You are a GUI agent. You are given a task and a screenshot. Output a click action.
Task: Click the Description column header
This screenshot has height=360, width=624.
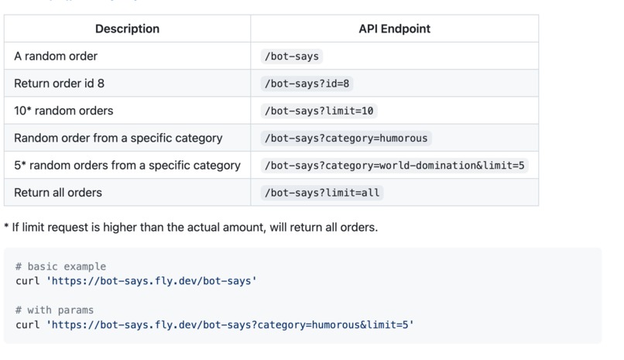tap(127, 29)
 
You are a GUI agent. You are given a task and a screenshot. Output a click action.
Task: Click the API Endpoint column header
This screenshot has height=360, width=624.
tap(394, 29)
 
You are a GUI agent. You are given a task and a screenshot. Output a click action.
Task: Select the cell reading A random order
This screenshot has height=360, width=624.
tap(56, 57)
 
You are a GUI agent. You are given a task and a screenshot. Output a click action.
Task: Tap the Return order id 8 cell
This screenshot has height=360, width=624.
tap(59, 84)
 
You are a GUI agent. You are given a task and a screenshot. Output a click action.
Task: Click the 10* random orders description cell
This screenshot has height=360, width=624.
tap(63, 111)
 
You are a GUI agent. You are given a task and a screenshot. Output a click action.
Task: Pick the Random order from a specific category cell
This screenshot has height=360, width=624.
tap(118, 138)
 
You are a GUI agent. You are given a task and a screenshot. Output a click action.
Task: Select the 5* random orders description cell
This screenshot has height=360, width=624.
tap(127, 165)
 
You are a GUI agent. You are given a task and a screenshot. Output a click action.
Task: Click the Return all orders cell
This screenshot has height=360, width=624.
tap(58, 192)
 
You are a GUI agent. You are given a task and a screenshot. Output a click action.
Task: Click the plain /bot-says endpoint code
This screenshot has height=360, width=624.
tap(291, 57)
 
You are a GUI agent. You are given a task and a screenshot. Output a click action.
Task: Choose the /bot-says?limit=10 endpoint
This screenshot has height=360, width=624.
tap(319, 111)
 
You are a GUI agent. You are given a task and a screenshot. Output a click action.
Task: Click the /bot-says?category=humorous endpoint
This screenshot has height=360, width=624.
tap(345, 138)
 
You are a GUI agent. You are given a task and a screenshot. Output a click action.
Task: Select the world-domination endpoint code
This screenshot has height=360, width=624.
tap(395, 165)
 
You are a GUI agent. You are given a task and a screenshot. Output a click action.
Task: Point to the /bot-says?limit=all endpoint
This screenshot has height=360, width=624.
tap(322, 192)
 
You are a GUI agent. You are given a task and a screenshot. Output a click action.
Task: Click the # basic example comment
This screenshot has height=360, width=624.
tap(60, 266)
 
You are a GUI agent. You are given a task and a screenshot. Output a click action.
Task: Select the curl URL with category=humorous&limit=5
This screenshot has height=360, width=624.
tap(232, 324)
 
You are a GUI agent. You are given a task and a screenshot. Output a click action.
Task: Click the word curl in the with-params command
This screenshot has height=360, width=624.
tap(27, 324)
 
